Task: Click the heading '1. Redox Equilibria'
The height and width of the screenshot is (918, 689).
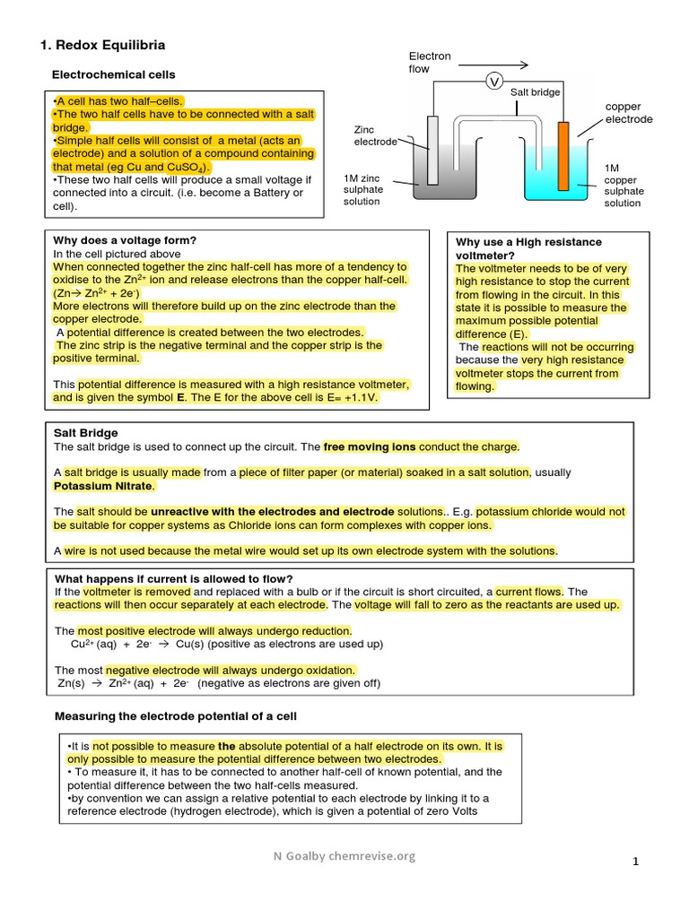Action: [x=103, y=45]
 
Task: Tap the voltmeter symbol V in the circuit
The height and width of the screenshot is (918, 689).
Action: [x=493, y=82]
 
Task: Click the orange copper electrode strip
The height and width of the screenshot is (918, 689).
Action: [x=563, y=153]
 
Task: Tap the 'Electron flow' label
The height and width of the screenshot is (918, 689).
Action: [x=430, y=63]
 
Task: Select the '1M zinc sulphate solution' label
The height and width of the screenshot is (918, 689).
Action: [x=363, y=189]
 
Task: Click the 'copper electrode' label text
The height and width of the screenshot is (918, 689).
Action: [x=629, y=113]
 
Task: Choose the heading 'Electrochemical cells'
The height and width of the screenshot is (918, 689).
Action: [x=114, y=74]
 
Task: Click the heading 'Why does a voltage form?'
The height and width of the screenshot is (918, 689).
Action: [x=125, y=240]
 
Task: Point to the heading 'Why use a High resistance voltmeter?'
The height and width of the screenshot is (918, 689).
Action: [x=528, y=248]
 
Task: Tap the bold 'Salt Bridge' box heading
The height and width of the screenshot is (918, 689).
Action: [x=86, y=433]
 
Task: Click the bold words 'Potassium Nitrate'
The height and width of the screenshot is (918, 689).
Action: [x=104, y=486]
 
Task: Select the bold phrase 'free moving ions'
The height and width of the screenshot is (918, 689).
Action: [x=370, y=446]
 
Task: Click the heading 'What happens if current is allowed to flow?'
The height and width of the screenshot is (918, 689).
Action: [x=174, y=578]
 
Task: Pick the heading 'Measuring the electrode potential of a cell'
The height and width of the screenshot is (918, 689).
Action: [x=176, y=716]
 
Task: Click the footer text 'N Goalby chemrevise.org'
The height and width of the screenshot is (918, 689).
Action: [x=344, y=856]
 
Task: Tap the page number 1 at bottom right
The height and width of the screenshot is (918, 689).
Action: [x=635, y=862]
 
